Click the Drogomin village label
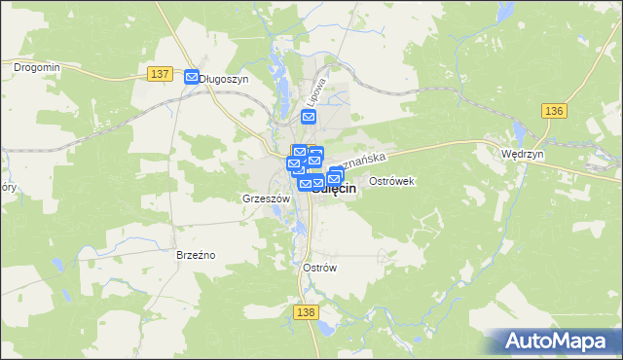37,67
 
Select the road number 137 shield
162,75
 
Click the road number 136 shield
554,111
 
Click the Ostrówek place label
393,182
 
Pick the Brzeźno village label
196,255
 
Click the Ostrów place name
319,268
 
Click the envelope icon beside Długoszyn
192,78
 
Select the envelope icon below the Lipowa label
309,118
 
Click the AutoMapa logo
558,341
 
